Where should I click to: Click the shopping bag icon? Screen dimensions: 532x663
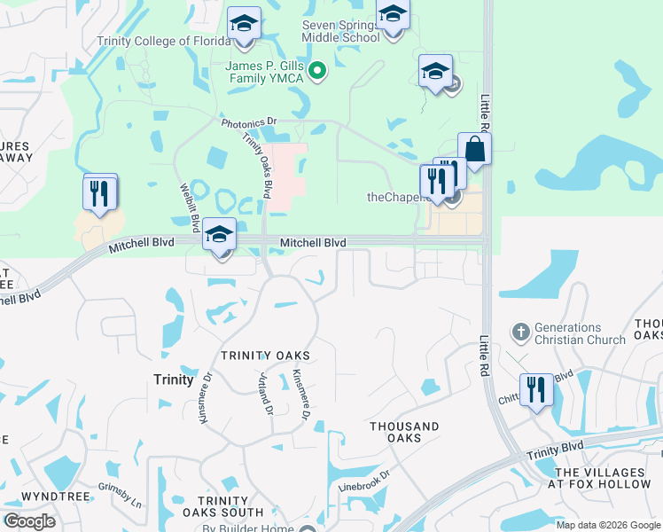[475, 150]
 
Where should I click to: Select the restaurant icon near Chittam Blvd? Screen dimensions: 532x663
[536, 390]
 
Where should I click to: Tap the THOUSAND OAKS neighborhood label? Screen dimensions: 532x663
[404, 433]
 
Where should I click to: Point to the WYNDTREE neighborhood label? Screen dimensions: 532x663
[55, 496]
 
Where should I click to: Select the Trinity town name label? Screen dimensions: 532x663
[173, 379]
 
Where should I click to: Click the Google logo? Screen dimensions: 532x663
[29, 521]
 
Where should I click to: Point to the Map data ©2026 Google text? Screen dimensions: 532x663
[608, 525]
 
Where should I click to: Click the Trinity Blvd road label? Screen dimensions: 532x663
[557, 449]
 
